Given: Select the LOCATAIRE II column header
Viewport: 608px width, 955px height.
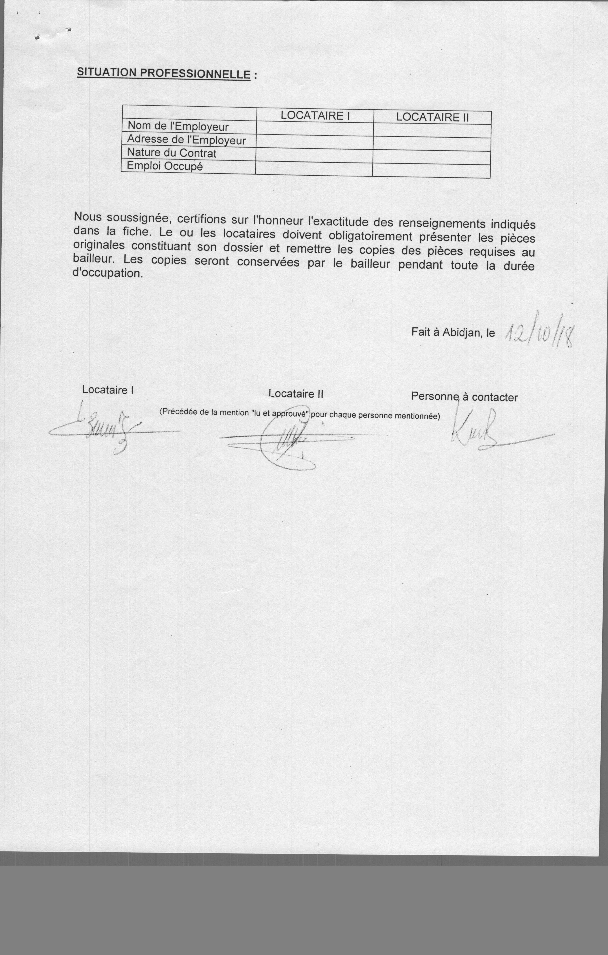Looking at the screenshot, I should [x=432, y=117].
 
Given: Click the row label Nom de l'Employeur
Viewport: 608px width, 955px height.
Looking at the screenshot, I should [x=177, y=126].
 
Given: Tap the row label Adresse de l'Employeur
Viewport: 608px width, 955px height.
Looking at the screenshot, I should [x=186, y=140].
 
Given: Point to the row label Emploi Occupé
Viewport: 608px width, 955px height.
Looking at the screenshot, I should [x=165, y=166].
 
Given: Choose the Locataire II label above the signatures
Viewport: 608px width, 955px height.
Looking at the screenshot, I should [x=296, y=394].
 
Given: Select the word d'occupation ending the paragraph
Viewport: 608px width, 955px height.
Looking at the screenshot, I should [x=108, y=273].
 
